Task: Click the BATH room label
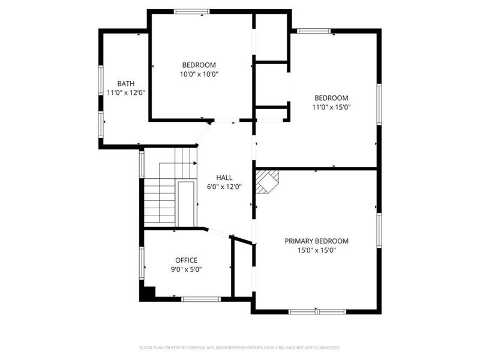point(126,83)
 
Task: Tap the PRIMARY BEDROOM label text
point(317,241)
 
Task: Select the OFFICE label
point(187,260)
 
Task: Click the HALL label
point(224,178)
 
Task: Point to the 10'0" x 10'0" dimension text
point(199,74)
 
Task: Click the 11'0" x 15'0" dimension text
point(332,107)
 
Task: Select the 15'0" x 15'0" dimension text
point(317,250)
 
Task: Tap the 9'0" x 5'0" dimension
point(187,269)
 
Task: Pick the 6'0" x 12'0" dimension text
point(224,187)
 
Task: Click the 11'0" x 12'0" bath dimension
point(126,93)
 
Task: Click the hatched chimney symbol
point(267,182)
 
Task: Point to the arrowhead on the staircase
point(195,163)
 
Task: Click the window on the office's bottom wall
point(201,299)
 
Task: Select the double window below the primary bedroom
point(317,312)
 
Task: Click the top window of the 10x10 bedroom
point(192,11)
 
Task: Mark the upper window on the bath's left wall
point(101,80)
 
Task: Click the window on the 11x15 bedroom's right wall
point(379,104)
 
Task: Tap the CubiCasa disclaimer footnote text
point(239,348)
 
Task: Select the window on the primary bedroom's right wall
point(379,230)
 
